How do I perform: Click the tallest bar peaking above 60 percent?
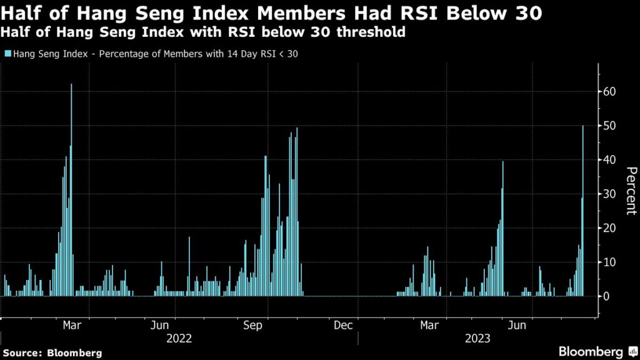click(x=71, y=187)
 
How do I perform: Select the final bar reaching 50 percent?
click(x=583, y=212)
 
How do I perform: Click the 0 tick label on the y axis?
click(x=606, y=296)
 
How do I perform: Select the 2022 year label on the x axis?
click(x=179, y=338)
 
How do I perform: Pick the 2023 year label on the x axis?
click(x=477, y=338)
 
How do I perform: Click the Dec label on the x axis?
click(x=344, y=325)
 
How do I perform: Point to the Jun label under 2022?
click(x=160, y=325)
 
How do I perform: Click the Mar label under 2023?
click(x=429, y=325)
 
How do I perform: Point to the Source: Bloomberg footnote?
click(x=51, y=353)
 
